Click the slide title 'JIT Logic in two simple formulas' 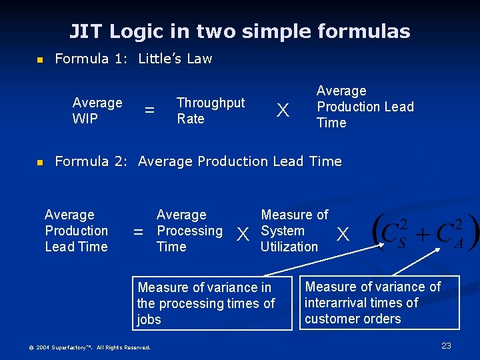click(x=240, y=31)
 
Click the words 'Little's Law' click(x=175, y=59)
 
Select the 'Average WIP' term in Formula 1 click(x=97, y=111)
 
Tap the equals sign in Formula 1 click(x=150, y=110)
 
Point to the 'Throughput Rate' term click(x=210, y=111)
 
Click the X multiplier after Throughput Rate click(x=283, y=111)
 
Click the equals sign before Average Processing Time click(x=139, y=232)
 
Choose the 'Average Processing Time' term click(x=189, y=231)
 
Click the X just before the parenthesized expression click(x=343, y=234)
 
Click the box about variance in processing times click(x=212, y=303)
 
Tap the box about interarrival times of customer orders click(x=379, y=303)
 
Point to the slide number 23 click(x=446, y=346)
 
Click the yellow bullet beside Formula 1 click(x=39, y=60)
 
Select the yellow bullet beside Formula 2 click(x=39, y=162)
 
